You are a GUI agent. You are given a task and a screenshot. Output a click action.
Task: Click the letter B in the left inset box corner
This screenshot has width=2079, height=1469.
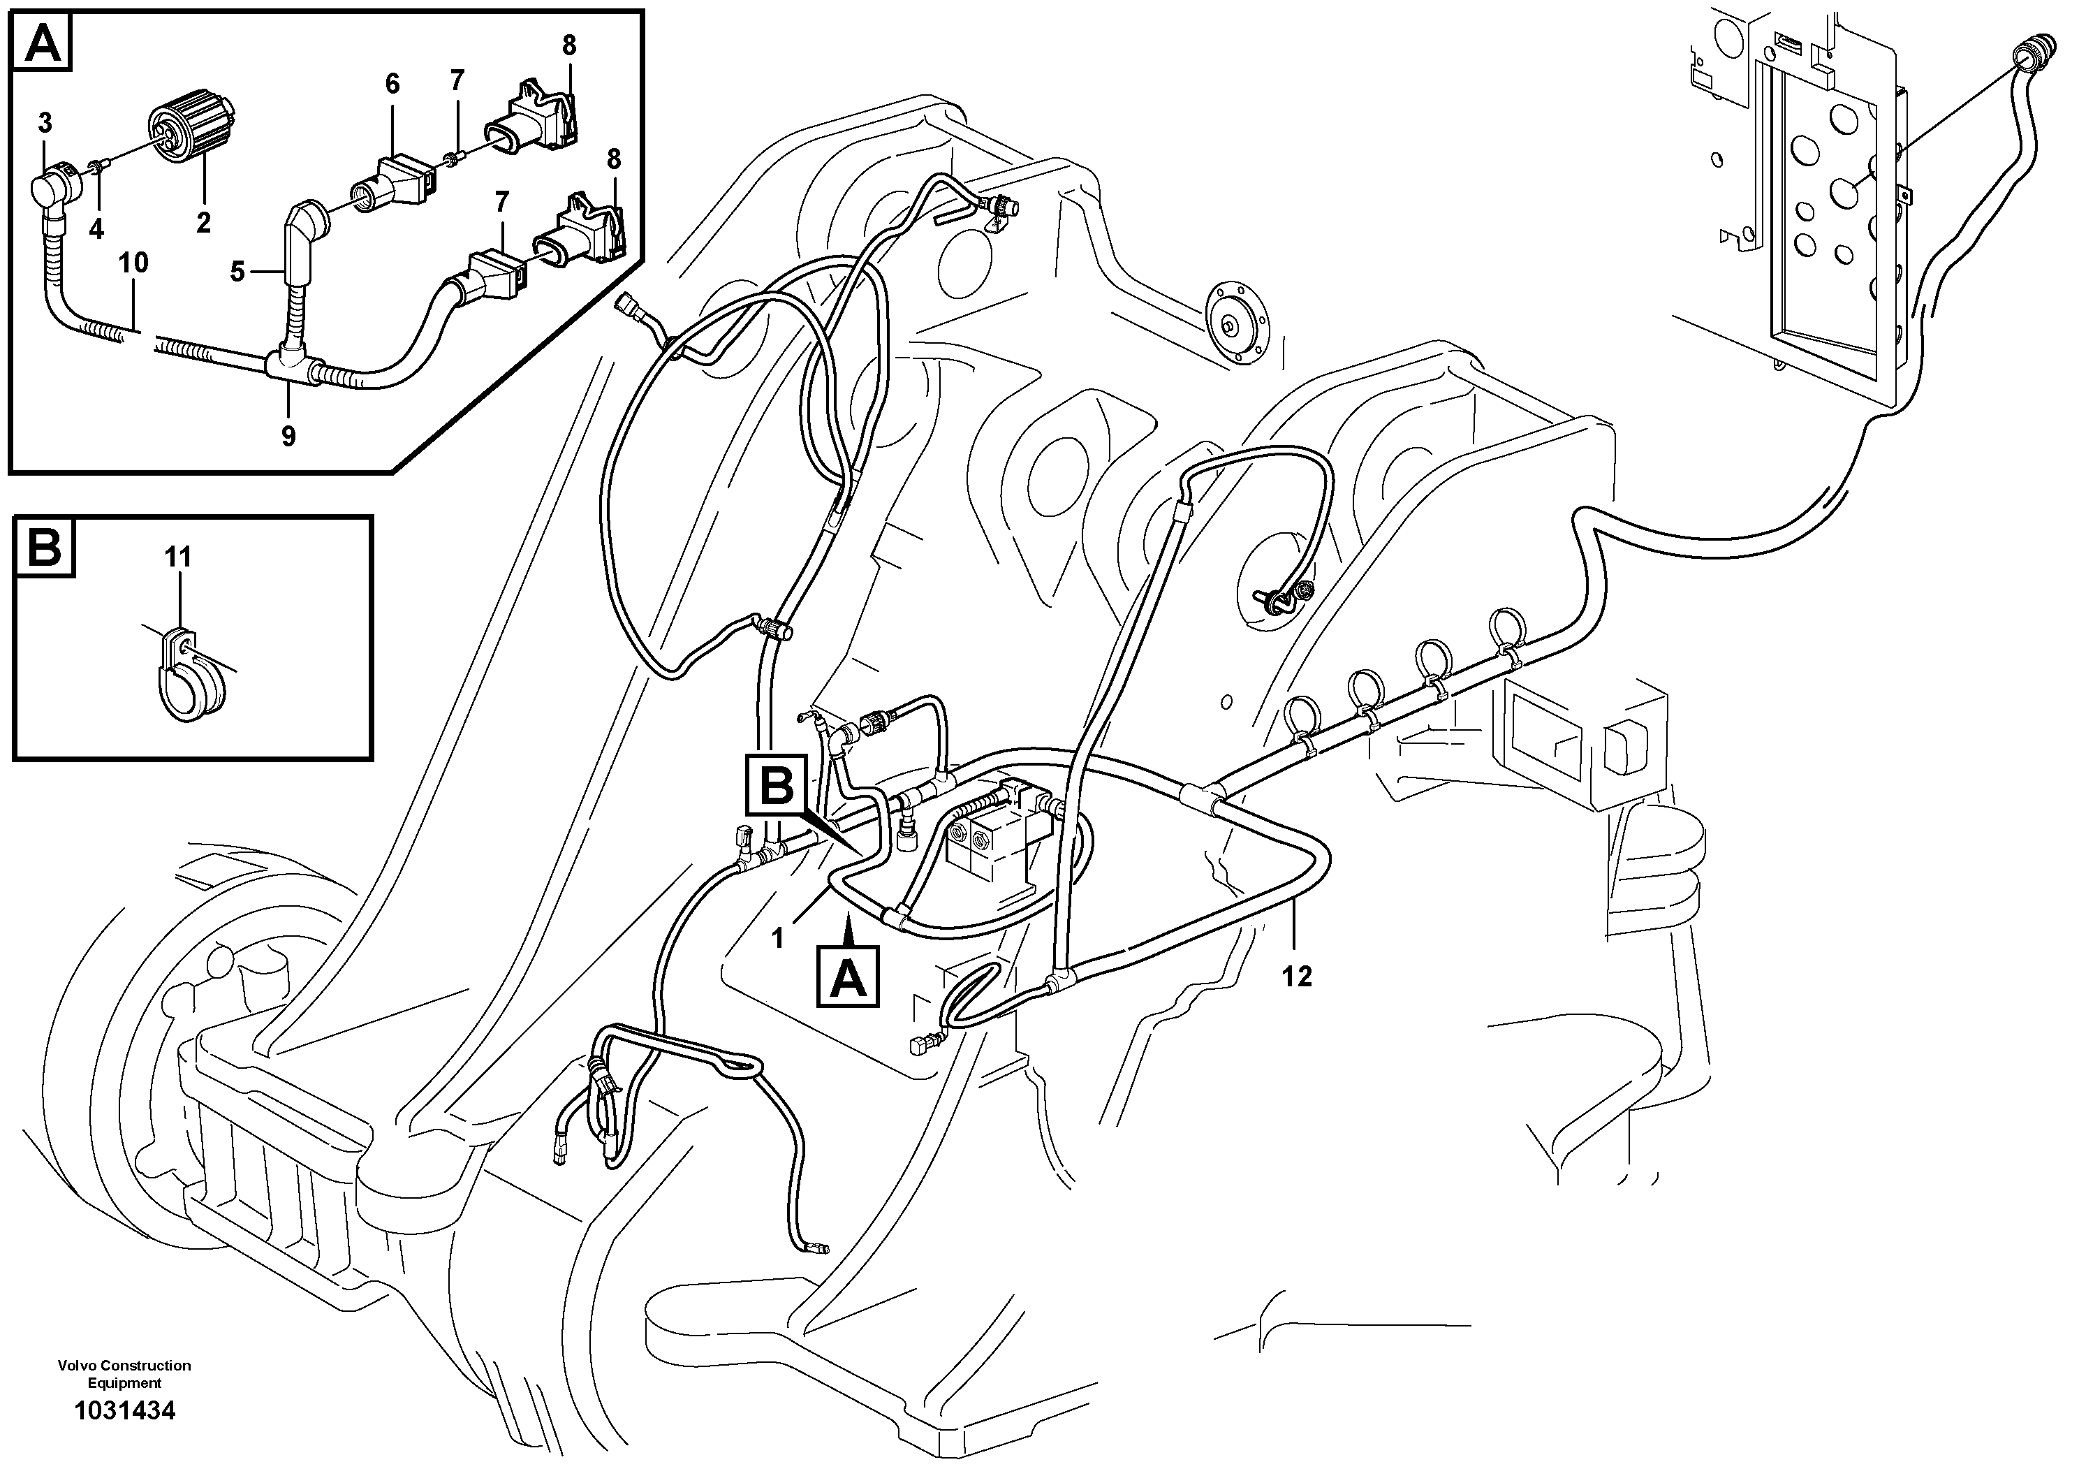tap(43, 548)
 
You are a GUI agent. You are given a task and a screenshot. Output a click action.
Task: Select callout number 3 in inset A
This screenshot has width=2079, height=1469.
tap(45, 122)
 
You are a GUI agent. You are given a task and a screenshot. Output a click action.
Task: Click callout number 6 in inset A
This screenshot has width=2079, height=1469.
tap(392, 83)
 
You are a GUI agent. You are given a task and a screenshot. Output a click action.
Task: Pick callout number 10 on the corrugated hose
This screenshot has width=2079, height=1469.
tap(133, 263)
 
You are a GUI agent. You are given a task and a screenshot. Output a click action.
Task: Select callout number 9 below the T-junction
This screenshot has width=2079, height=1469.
tap(288, 437)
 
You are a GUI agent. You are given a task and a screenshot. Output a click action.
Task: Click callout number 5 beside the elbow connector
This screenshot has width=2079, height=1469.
tap(237, 271)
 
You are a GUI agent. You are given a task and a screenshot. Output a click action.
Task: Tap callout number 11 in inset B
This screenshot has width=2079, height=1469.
tap(178, 557)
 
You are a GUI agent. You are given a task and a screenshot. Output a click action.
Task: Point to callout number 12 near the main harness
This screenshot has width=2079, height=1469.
tap(1297, 977)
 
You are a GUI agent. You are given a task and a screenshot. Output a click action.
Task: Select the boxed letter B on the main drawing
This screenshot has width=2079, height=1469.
tap(776, 786)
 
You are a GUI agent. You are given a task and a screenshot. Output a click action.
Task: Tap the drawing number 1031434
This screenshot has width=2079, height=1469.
tap(125, 1410)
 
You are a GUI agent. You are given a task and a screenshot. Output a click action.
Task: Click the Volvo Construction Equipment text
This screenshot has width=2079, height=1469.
tap(124, 1374)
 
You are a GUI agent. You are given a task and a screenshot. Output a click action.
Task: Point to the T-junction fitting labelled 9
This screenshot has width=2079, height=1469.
tap(290, 369)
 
